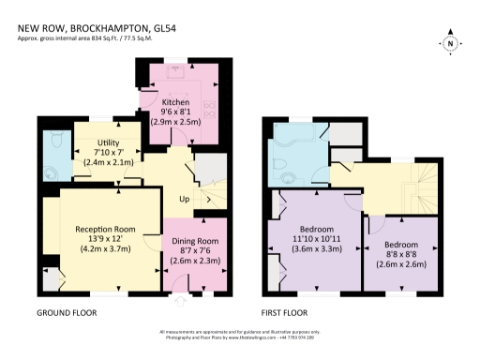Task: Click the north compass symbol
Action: tap(450, 43)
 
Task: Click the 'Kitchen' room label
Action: tap(176, 101)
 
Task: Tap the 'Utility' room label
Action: tap(109, 144)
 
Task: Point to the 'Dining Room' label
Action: tap(196, 242)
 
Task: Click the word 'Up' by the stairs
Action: tap(186, 200)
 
